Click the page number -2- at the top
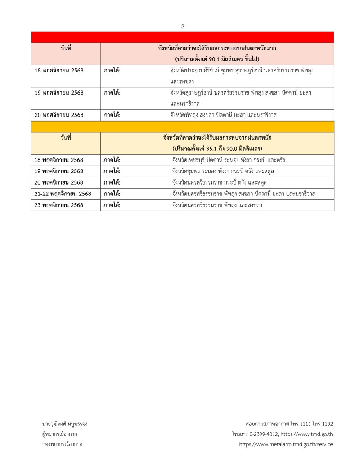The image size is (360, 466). pos(182,27)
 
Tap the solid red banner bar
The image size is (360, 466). pos(182,37)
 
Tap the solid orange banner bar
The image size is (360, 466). pos(182,127)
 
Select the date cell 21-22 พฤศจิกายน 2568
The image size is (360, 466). pos(63,194)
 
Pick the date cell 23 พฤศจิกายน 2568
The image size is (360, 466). pos(59,205)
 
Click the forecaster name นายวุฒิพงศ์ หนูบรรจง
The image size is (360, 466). pos(64,424)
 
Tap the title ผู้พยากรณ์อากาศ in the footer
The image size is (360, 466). pos(59,434)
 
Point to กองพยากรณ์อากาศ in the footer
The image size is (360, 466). pos(61,444)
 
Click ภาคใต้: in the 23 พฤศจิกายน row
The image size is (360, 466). pos(112,205)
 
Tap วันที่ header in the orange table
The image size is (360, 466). pos(66,138)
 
